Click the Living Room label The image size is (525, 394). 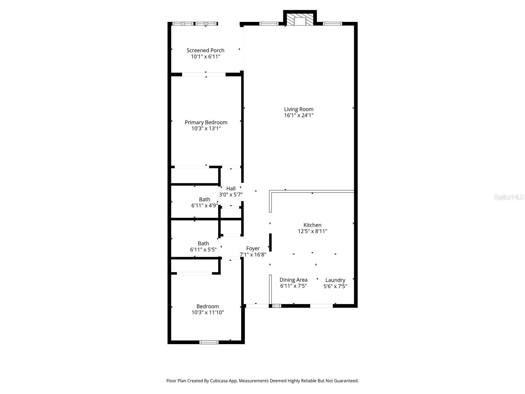pos(299,109)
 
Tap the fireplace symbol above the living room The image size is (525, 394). pos(300,20)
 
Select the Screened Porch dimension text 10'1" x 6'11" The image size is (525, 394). pos(205,56)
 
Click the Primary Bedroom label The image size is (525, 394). pos(206,122)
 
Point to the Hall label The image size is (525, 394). pos(231,188)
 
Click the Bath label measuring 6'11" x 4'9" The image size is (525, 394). pos(204,199)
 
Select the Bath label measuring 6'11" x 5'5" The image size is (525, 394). pos(203,243)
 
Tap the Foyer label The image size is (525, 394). pos(253,249)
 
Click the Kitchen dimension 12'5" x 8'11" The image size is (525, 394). pos(312,231)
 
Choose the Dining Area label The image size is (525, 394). pos(293,280)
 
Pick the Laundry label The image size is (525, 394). pos(335,280)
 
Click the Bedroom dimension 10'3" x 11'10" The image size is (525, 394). pos(207,313)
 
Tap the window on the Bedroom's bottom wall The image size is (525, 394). pos(209,342)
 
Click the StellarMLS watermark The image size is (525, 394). pos(508,197)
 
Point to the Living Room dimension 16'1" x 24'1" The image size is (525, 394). pos(299,115)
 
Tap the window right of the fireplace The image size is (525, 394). pos(332,24)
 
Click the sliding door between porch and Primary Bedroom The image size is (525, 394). pos(204,75)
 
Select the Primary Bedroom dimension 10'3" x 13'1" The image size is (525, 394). pos(206,128)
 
